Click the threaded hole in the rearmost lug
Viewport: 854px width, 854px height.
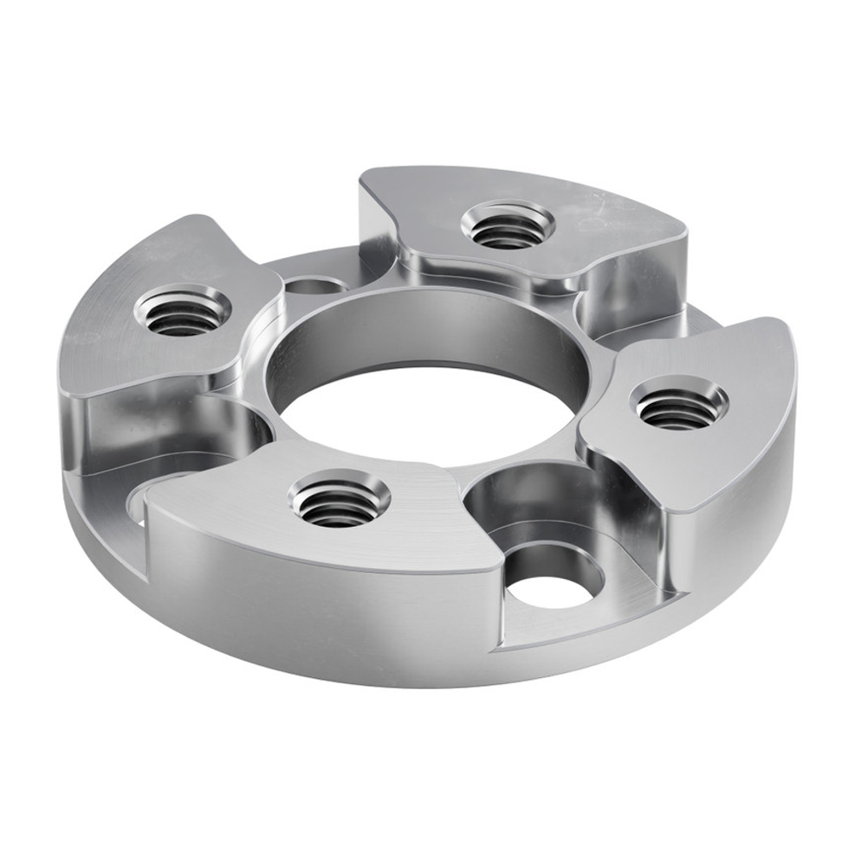coord(507,225)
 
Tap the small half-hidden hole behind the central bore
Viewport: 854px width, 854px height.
coord(309,284)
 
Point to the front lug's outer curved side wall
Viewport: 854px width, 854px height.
coord(325,606)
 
